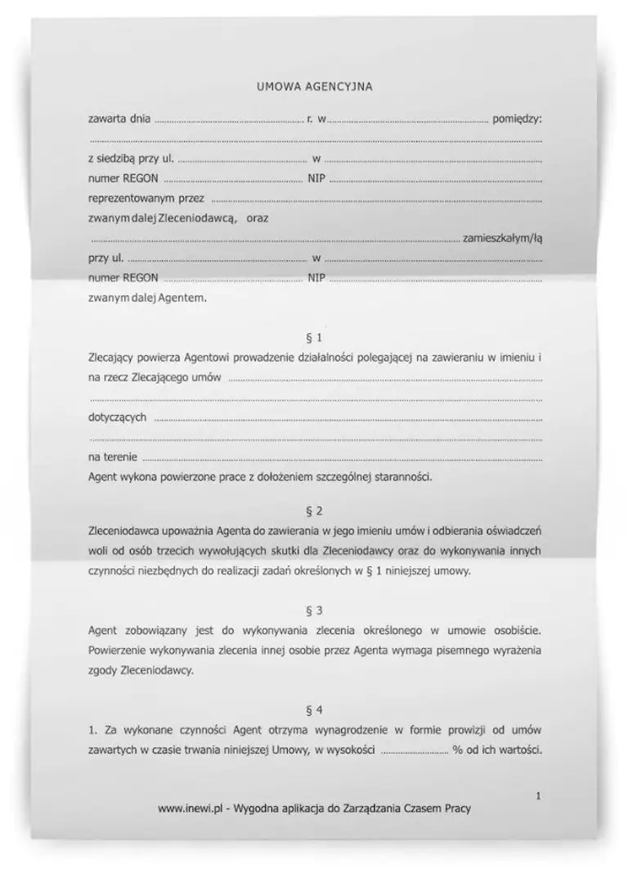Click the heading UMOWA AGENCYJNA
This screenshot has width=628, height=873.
[314, 87]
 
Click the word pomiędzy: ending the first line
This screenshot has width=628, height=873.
[517, 119]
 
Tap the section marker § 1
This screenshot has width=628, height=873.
[313, 337]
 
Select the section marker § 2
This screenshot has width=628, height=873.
[313, 512]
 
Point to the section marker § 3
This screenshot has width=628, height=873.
[313, 611]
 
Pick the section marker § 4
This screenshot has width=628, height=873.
[313, 709]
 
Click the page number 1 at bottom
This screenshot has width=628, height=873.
[538, 794]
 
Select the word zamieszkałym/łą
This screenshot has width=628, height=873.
[502, 239]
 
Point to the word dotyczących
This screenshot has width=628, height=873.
[117, 417]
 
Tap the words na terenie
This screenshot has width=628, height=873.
[112, 457]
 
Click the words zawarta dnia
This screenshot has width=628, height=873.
[119, 119]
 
